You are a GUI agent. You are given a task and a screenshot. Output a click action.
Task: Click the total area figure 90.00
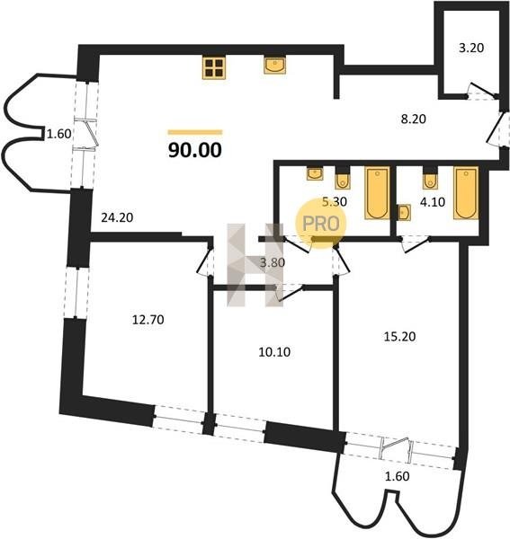195,150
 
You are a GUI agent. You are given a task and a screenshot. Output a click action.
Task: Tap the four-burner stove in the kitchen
214,67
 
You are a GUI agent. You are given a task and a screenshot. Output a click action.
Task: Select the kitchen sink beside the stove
274,66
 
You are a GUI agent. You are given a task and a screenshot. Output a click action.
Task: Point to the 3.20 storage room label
471,48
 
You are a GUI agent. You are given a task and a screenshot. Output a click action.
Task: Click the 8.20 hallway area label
413,119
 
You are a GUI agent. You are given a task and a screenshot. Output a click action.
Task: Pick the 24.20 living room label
117,217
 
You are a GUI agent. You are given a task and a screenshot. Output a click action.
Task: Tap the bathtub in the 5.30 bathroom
377,193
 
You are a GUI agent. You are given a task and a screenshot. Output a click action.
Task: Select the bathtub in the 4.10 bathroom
466,193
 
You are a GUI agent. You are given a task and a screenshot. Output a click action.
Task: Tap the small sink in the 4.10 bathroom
404,212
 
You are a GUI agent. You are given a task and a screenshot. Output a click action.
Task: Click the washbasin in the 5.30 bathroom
315,173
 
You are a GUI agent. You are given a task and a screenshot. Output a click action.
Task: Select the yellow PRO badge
321,224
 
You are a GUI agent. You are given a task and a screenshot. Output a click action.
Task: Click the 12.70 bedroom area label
148,320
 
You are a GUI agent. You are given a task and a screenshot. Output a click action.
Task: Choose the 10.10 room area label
274,352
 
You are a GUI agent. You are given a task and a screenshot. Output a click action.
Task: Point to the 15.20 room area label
399,337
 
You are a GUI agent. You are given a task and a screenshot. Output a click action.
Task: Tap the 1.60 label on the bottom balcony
398,476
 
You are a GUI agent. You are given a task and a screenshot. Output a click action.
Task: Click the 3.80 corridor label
273,263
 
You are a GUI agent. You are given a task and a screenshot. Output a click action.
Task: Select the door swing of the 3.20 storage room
481,92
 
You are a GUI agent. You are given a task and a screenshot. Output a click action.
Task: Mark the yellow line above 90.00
195,132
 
